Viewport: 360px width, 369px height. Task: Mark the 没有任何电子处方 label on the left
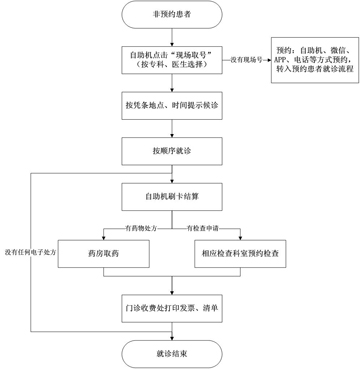(x=30, y=252)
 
